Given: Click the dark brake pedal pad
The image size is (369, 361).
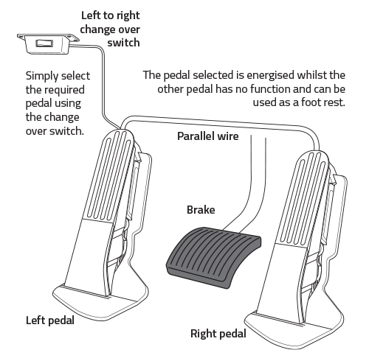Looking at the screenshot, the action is pos(213,257).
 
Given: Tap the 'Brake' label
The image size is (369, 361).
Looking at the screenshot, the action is pos(201,210).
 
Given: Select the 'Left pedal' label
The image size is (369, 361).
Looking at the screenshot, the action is pos(50,320).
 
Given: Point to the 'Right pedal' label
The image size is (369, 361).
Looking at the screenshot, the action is pos(218,334).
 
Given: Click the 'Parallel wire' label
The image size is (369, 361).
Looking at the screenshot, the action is pos(208,136).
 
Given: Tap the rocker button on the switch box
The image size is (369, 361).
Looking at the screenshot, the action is pos(44,43).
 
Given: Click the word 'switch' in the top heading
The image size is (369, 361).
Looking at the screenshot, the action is pos(123,43).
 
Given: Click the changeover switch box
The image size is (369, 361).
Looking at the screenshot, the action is pos(48,43).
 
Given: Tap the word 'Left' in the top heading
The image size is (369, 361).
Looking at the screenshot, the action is pos(91,15).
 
